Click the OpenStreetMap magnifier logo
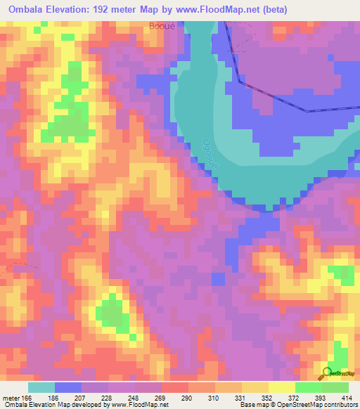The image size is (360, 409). tap(327, 373)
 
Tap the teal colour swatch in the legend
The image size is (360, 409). tap(41, 387)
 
